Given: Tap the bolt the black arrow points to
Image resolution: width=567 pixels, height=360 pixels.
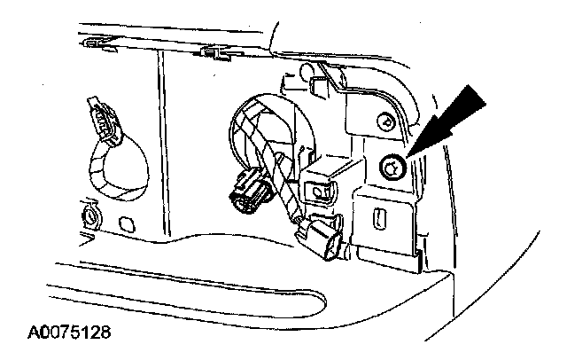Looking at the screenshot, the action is pyautogui.click(x=391, y=165).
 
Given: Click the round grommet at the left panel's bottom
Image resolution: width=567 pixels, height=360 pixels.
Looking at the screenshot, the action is pyautogui.click(x=89, y=214).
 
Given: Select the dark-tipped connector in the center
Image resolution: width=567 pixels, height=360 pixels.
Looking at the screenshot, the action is pyautogui.click(x=248, y=190).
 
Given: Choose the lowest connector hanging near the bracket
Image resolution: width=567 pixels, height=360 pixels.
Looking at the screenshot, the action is pyautogui.click(x=322, y=239).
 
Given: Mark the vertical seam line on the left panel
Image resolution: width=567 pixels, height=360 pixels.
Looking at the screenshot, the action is pyautogui.click(x=163, y=142).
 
